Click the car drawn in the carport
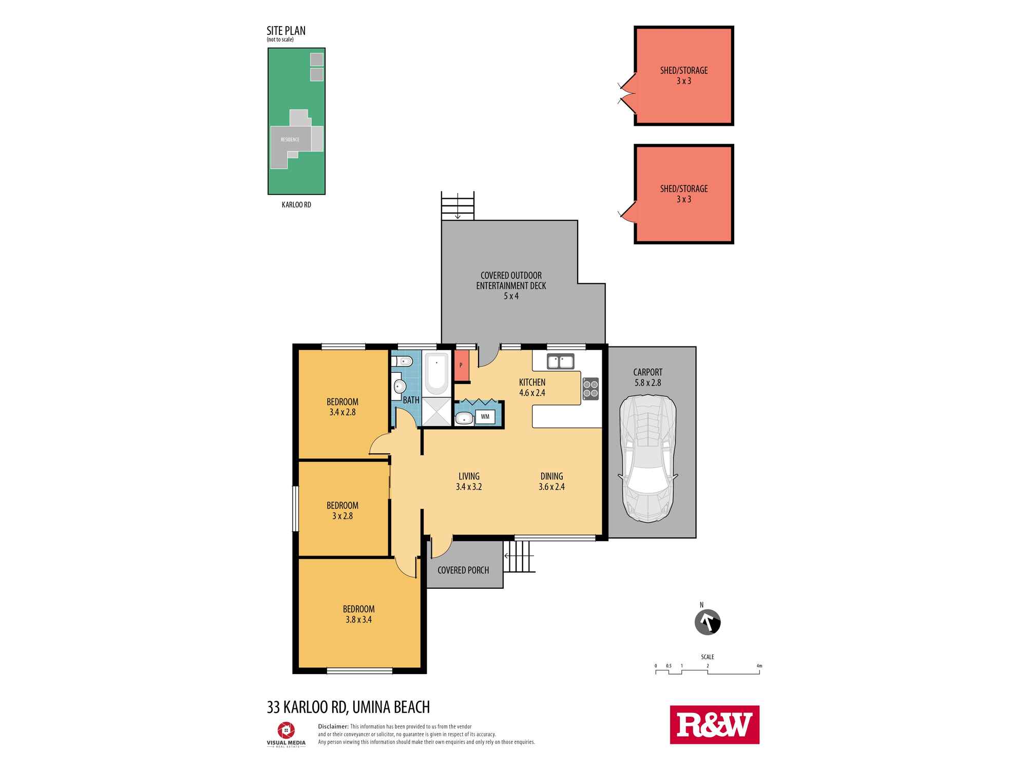pos(648,458)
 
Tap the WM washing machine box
pos(485,417)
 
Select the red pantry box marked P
pos(462,365)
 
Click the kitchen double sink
pos(560,361)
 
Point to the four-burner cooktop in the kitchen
pos(591,389)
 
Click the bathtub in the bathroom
pos(437,374)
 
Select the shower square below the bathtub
pos(436,412)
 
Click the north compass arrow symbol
pos(708,623)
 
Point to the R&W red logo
pos(714,725)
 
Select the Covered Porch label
pos(463,570)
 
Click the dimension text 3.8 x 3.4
pos(358,620)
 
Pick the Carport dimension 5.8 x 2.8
pos(648,383)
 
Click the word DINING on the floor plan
pos(551,476)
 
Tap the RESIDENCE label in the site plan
pos(290,140)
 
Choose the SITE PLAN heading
pos(286,31)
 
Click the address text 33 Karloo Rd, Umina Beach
pos(348,707)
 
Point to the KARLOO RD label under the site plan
pos(296,205)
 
